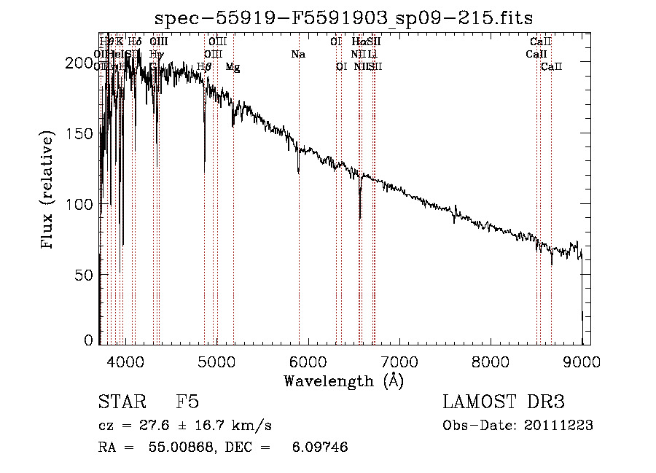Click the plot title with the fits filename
pos(344,17)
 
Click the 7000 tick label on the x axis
pos(399,361)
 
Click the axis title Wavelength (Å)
pos(343,380)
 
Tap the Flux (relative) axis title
pos(49,191)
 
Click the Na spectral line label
pos(297,55)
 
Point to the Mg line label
pos(233,67)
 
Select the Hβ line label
pos(204,67)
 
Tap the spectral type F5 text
pos(187,402)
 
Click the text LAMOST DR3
pos(503,402)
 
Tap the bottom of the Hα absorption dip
pos(360,218)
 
